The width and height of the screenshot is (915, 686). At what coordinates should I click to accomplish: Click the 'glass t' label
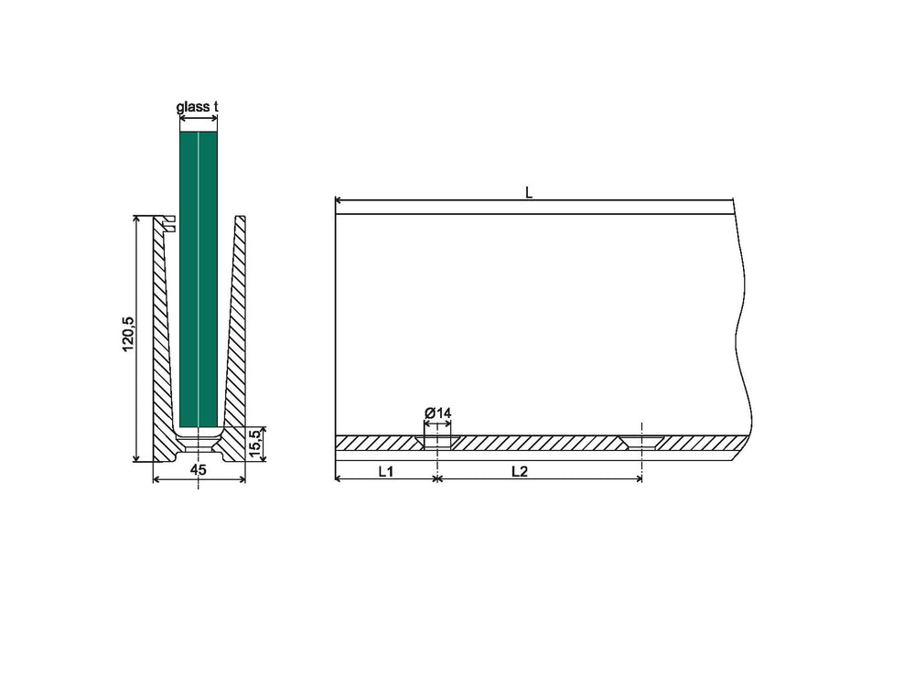click(198, 107)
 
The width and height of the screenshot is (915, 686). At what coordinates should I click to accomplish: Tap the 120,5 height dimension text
click(128, 334)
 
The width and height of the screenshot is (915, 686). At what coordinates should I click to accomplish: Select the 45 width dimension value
click(199, 469)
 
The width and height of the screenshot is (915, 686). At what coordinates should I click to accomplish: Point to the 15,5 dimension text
click(255, 444)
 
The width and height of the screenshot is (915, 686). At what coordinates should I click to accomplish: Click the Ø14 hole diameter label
click(437, 413)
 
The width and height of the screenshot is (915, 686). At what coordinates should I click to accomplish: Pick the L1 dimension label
click(386, 471)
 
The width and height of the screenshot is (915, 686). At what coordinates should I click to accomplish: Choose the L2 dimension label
click(520, 471)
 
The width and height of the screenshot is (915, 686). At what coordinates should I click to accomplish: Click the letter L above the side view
click(529, 192)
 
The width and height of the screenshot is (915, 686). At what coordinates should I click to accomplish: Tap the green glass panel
click(199, 279)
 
